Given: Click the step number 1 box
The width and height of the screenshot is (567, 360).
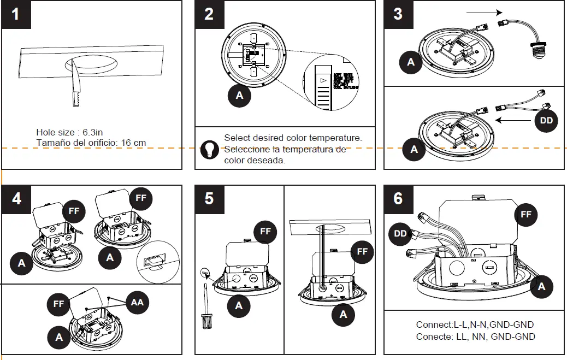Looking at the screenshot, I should pyautogui.click(x=16, y=14).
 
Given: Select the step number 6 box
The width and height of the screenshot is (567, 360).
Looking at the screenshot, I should pyautogui.click(x=398, y=198).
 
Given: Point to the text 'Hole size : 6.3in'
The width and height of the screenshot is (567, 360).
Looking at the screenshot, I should pyautogui.click(x=69, y=132).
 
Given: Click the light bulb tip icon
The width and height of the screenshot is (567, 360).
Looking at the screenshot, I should pyautogui.click(x=208, y=150).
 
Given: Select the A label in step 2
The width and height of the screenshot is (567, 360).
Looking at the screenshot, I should pyautogui.click(x=239, y=96).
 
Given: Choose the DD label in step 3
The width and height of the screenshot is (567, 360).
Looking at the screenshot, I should pyautogui.click(x=546, y=121).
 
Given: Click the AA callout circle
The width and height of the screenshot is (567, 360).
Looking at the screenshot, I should pyautogui.click(x=137, y=302).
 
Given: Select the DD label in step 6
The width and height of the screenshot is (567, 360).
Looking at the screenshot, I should pyautogui.click(x=400, y=233).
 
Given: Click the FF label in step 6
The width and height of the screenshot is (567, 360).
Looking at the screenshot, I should pyautogui.click(x=525, y=215).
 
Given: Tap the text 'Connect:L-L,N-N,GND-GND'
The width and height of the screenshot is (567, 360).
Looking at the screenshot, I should pyautogui.click(x=475, y=324).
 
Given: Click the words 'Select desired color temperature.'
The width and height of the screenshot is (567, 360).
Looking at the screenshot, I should pyautogui.click(x=293, y=138).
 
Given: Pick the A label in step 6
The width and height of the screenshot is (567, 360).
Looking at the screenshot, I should pyautogui.click(x=541, y=286).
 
